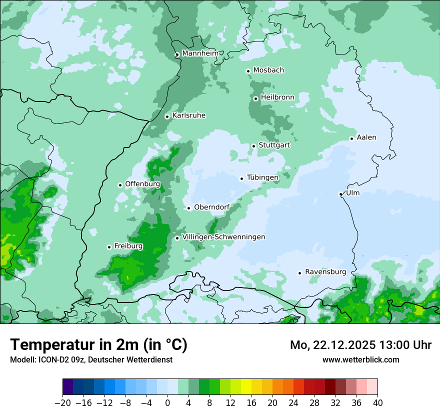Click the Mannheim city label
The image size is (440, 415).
[x=200, y=53]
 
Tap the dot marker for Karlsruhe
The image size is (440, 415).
[x=167, y=116]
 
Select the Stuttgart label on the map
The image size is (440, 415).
[x=274, y=145]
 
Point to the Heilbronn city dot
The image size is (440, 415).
[x=255, y=98]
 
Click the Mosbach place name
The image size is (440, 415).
[x=268, y=70]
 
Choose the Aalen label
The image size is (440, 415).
[x=366, y=137]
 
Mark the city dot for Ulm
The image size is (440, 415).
[x=341, y=194]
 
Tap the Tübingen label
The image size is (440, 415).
[x=262, y=177]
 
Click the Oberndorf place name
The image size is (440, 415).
[x=211, y=207]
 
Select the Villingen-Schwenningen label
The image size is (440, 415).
[x=223, y=237]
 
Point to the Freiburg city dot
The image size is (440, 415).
[x=109, y=247]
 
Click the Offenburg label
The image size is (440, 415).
[x=142, y=184]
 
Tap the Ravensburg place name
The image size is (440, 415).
[x=325, y=272]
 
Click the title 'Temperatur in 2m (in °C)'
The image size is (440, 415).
[x=98, y=345]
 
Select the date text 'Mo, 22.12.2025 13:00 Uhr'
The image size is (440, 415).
[x=360, y=345]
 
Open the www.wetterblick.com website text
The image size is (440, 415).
[x=360, y=359]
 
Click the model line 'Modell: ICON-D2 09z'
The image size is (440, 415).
[x=91, y=359]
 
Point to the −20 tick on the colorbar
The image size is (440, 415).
[x=63, y=402]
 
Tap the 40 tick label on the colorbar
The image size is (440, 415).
[x=377, y=402]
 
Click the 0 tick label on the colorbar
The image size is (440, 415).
[x=167, y=402]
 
